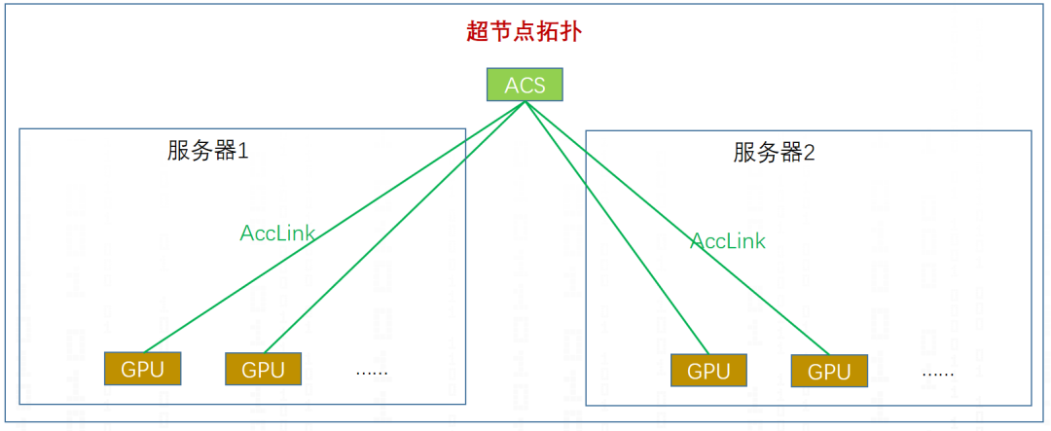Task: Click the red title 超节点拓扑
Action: tap(525, 31)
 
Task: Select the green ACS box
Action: tap(525, 85)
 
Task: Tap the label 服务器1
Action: tap(207, 151)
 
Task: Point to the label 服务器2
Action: tap(774, 153)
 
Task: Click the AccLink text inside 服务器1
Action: tap(277, 233)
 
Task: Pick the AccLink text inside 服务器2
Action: tap(728, 241)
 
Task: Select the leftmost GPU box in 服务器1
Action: tap(143, 369)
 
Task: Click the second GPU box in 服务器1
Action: tap(263, 370)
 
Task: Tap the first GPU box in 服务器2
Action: tap(707, 371)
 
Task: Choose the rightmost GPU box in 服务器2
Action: tap(829, 372)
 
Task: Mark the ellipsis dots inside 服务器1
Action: tap(372, 372)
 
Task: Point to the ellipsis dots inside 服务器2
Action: tap(937, 374)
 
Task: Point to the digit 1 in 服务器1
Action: tap(243, 151)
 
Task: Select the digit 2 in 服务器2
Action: tap(809, 153)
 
